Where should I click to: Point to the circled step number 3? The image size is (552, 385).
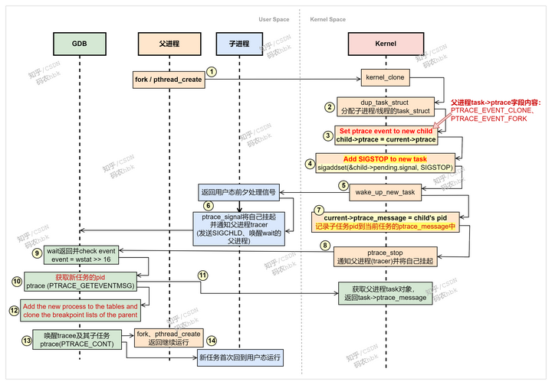click(x=328, y=135)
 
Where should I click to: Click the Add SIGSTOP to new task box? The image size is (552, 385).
click(x=386, y=162)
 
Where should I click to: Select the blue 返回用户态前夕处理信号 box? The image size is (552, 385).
click(x=238, y=191)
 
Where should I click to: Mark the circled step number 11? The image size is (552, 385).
click(x=202, y=275)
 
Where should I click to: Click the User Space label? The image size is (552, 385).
click(x=274, y=19)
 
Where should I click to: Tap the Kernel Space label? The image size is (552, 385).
click(x=327, y=19)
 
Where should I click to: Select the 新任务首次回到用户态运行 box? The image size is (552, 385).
click(x=240, y=357)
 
